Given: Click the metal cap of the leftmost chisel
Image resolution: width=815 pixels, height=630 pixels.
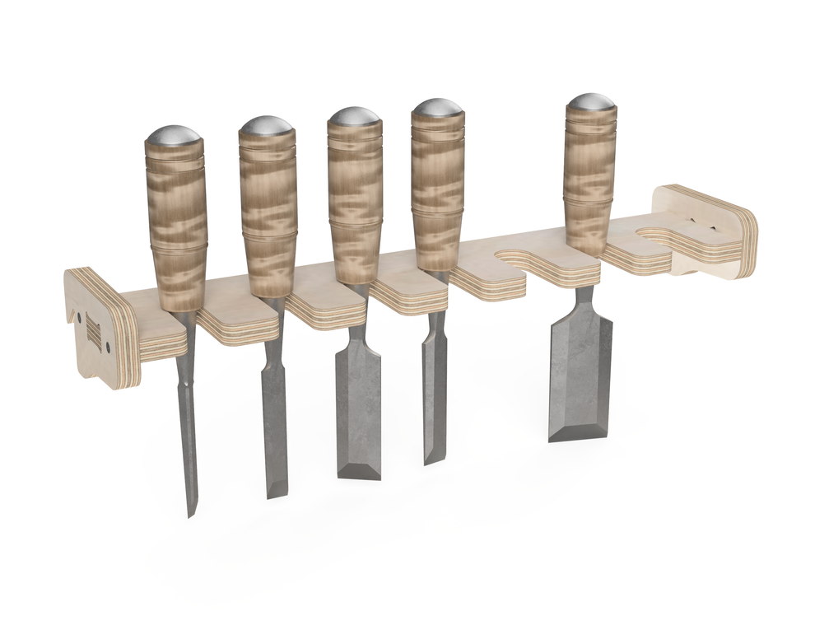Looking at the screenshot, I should click(174, 134).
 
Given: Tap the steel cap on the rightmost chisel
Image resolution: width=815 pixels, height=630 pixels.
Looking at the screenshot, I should click(590, 103).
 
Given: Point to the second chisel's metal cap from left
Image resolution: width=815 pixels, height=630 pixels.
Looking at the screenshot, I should click(267, 126).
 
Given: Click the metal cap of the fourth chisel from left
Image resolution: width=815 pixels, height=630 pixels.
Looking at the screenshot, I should click(438, 108).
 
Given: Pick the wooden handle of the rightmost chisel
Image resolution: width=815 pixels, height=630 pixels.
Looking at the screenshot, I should click(589, 181).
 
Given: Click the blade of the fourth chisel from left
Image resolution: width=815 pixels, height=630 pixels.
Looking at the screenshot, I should click(434, 387).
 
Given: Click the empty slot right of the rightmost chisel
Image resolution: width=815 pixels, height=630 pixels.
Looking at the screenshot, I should click(659, 236).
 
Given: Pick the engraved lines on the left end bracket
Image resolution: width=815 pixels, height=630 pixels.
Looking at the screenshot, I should click(93, 333).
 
